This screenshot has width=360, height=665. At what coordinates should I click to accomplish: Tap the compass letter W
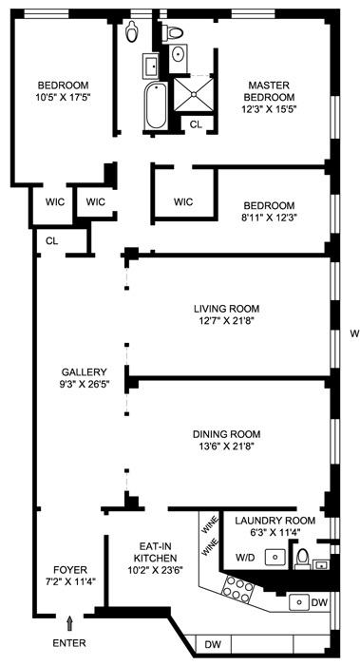[x=353, y=332]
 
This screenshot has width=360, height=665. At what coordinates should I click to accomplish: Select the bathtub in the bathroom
[x=156, y=106]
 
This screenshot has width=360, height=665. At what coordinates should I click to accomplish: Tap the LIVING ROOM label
[x=226, y=309]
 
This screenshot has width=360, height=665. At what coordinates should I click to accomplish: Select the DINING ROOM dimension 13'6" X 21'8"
[x=226, y=446]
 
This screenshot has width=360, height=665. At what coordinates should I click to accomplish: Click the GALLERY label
[x=84, y=372]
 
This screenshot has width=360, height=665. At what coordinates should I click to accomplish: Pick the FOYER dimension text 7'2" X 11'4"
[x=70, y=581]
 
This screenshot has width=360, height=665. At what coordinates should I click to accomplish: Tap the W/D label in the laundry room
[x=246, y=558]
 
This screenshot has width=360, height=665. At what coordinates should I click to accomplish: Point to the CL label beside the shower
[x=196, y=124]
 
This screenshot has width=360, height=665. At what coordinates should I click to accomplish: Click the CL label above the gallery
[x=51, y=241]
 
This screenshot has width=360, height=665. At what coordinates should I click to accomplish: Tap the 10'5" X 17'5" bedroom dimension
[x=64, y=96]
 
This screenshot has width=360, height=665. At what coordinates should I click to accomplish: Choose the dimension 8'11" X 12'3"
[x=269, y=218]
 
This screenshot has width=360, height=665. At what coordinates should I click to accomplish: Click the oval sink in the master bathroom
[x=178, y=54]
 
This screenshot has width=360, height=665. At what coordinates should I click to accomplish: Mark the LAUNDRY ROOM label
[x=275, y=521]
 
